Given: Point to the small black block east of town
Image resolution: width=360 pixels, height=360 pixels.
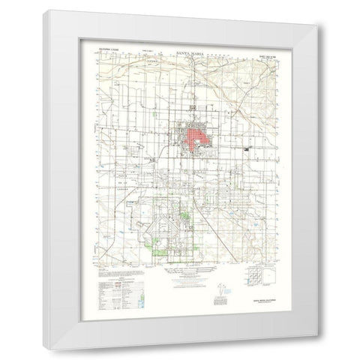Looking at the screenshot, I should tap(247, 150).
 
